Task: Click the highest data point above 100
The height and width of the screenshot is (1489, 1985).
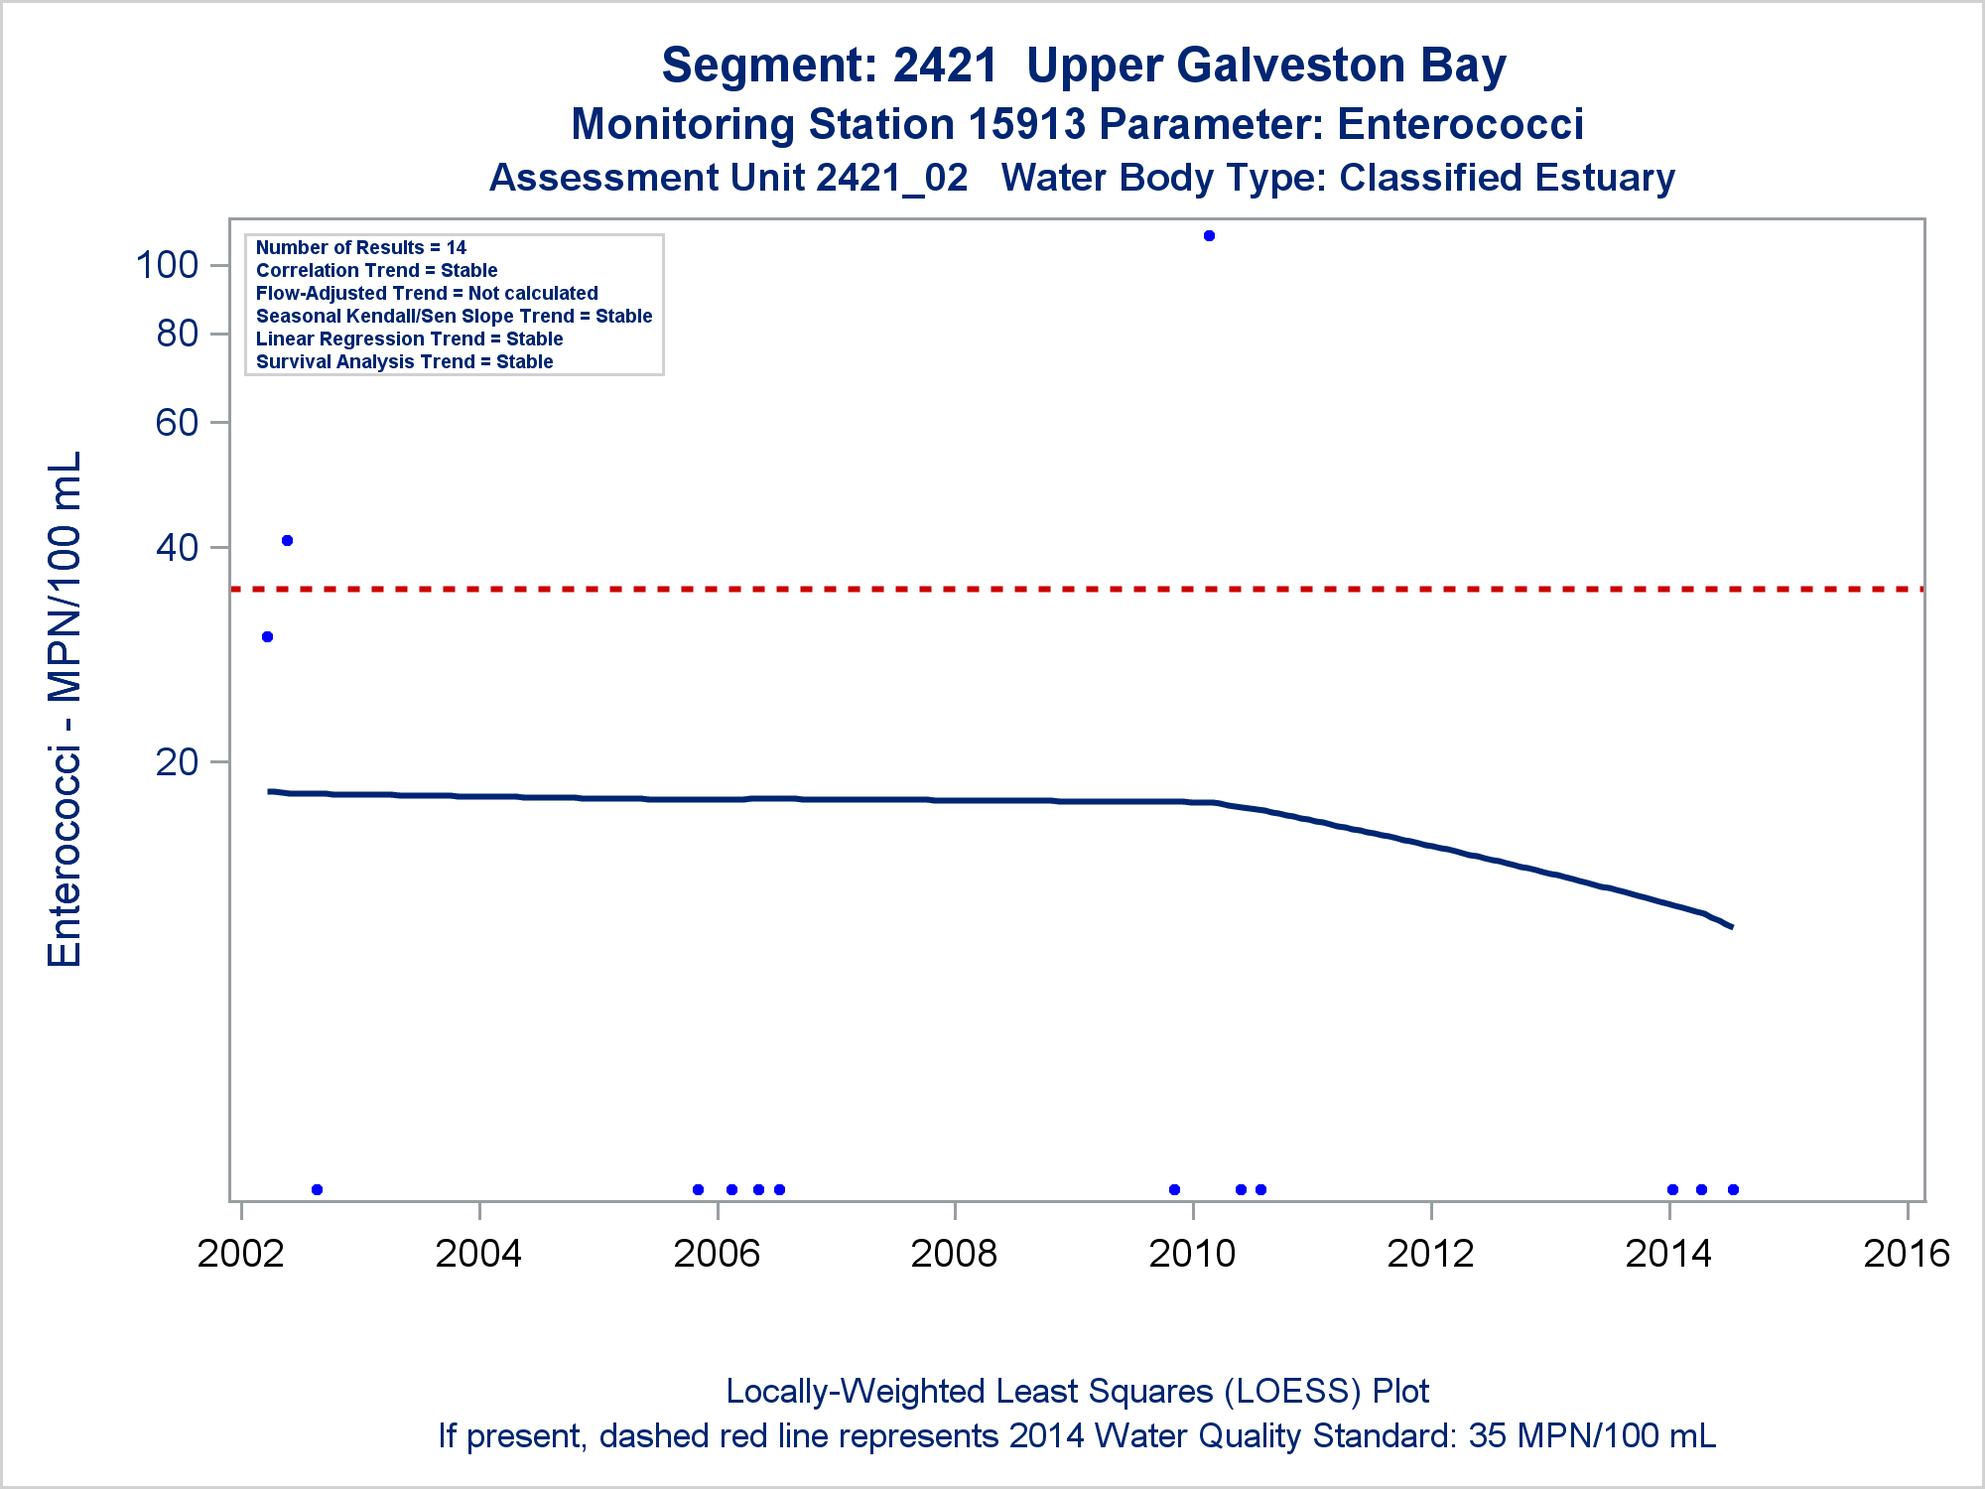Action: click(1209, 236)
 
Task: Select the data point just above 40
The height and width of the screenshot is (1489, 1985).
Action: click(287, 541)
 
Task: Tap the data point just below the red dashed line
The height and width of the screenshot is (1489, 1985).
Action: click(267, 637)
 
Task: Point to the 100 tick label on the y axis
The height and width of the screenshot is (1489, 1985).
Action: click(167, 265)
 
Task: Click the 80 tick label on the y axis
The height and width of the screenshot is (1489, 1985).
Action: click(178, 334)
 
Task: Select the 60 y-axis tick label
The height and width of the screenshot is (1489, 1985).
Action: click(178, 423)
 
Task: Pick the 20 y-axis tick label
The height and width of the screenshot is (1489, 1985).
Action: click(178, 762)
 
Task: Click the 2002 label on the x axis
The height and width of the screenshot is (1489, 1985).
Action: click(240, 1254)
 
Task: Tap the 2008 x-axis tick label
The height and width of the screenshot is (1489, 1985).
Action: click(954, 1254)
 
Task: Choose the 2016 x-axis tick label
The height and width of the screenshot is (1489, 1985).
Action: click(1907, 1254)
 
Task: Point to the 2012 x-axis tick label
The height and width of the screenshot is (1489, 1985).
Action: click(1430, 1254)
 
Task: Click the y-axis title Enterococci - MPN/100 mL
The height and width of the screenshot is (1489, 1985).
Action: click(66, 709)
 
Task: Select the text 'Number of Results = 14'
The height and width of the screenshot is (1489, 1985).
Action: click(361, 248)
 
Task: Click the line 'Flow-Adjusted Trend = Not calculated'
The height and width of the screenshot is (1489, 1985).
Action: click(427, 294)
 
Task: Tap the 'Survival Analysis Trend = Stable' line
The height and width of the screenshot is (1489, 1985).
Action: click(405, 362)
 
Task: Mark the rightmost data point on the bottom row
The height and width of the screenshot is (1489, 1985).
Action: click(1733, 1189)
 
